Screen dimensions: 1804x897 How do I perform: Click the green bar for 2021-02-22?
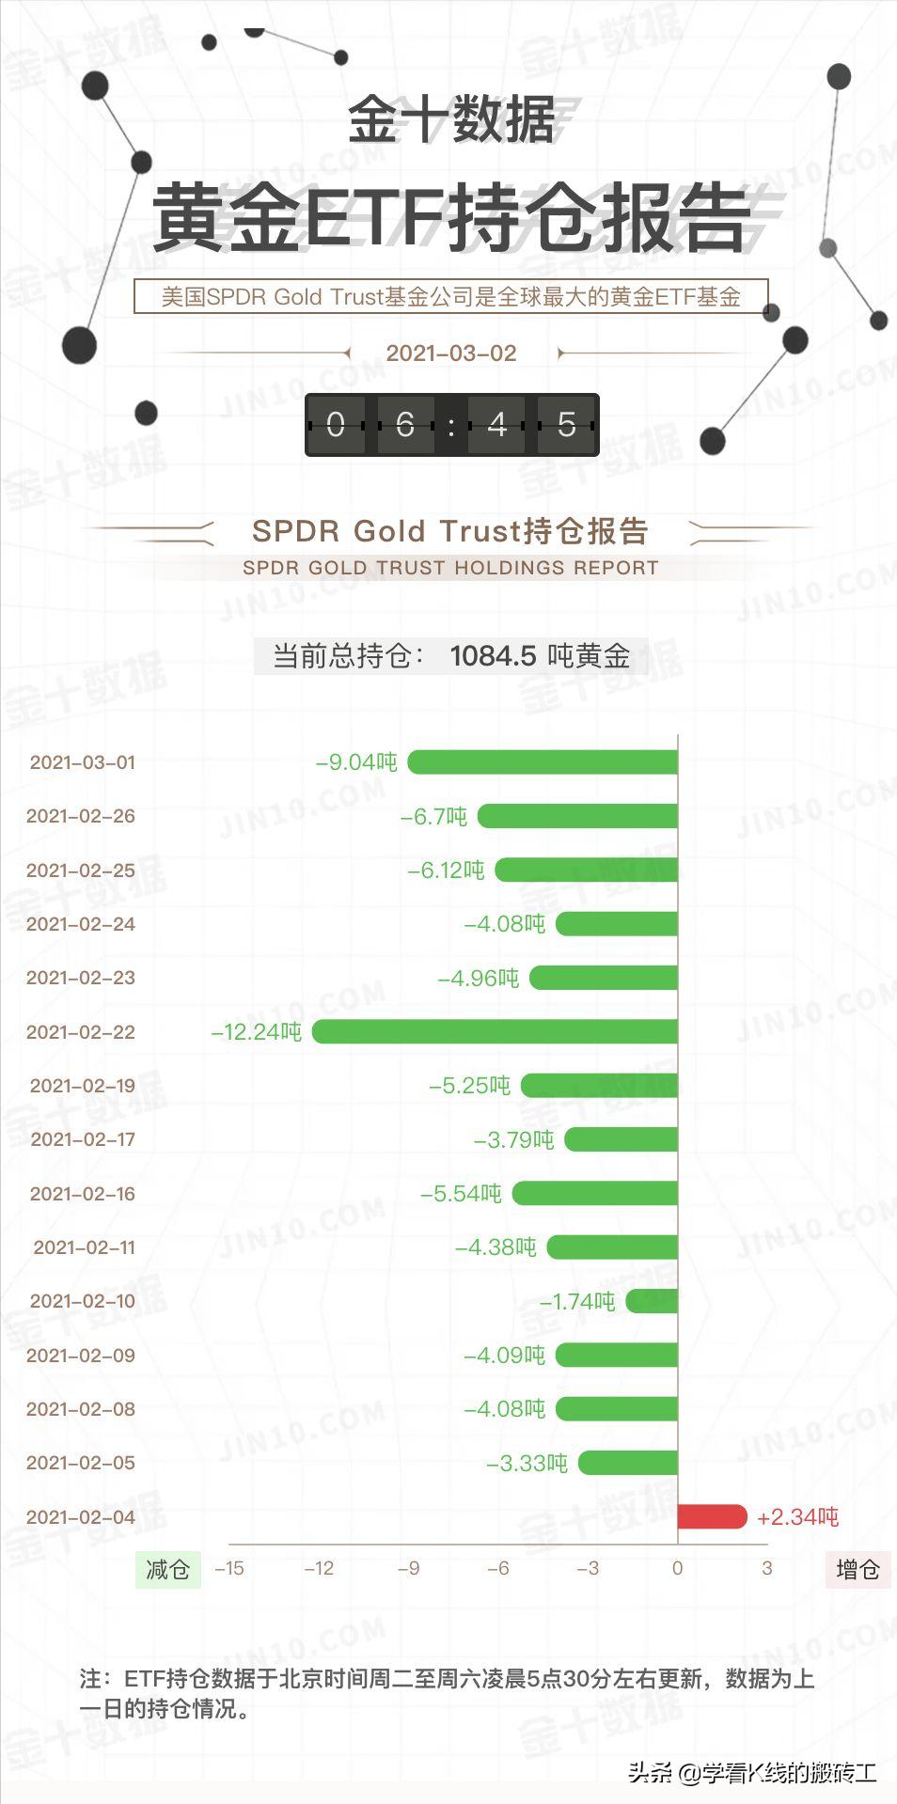(495, 1031)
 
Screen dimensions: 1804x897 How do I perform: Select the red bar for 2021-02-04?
(712, 1516)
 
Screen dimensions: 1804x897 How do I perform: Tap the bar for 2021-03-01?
(543, 761)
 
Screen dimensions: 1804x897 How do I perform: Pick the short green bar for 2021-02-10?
(652, 1301)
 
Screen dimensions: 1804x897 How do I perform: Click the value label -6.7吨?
(433, 816)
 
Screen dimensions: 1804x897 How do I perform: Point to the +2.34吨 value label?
(797, 1516)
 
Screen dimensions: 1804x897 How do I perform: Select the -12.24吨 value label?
(257, 1031)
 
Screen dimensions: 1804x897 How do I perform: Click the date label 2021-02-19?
(83, 1086)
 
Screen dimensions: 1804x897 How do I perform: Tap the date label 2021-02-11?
(85, 1247)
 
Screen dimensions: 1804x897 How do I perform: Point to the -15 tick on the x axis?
(229, 1568)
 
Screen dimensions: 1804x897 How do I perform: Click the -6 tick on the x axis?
(498, 1568)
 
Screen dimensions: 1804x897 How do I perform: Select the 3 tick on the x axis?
(767, 1568)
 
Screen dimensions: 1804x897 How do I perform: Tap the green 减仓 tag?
(168, 1569)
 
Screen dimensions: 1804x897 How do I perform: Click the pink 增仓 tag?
(858, 1569)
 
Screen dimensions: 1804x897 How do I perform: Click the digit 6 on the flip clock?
(405, 425)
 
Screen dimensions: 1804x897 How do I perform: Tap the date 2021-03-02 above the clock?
(451, 353)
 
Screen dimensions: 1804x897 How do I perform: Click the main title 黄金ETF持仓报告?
(451, 218)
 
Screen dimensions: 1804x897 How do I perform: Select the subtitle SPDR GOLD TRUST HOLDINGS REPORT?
(450, 568)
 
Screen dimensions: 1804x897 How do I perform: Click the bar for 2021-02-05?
(628, 1463)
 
